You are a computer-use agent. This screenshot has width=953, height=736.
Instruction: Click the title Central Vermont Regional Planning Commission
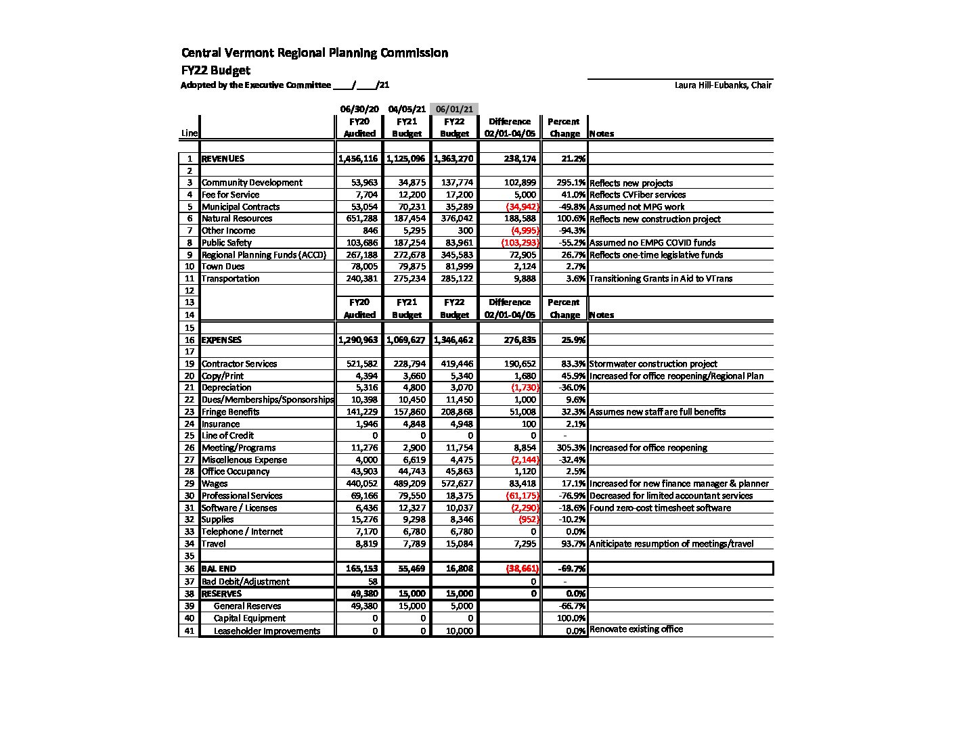pos(314,53)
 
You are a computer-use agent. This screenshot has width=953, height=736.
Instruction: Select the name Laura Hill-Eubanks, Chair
pos(723,85)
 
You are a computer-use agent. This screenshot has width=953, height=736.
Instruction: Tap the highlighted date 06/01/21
pos(454,109)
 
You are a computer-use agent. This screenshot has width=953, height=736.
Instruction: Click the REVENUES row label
pos(223,159)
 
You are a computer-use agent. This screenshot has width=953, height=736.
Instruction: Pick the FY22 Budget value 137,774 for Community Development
pos(454,183)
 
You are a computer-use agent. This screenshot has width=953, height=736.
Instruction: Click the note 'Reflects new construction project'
pos(655,219)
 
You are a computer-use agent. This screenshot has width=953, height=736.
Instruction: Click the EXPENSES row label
pos(221,340)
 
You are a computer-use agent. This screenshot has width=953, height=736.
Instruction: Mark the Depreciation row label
pos(226,388)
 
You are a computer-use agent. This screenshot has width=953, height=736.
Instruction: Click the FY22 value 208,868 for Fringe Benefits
pos(454,412)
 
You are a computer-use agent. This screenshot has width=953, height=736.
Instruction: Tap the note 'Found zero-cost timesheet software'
pos(660,508)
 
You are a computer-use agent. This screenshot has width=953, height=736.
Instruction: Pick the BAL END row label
pos(219,569)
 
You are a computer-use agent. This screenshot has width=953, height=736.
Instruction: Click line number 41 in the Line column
pos(189,630)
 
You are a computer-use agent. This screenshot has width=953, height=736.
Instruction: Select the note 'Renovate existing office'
pos(636,629)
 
